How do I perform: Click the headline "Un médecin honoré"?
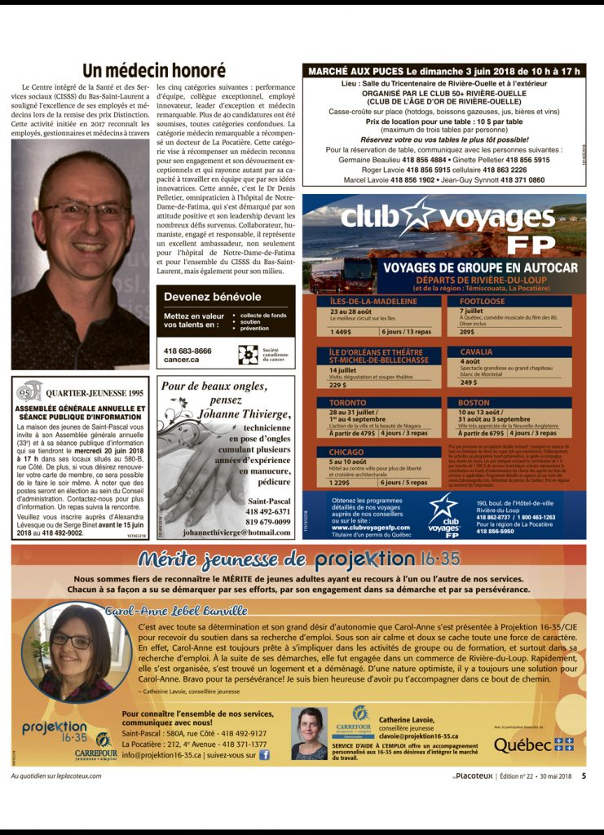(153, 70)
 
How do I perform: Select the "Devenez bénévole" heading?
(213, 297)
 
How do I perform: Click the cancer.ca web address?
(187, 359)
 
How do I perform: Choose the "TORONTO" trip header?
(348, 403)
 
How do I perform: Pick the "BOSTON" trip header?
(474, 403)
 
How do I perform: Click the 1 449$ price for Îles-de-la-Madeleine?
(341, 332)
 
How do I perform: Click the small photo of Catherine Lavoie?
(309, 733)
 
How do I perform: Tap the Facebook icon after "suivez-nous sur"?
(264, 755)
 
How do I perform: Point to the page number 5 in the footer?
(584, 775)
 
